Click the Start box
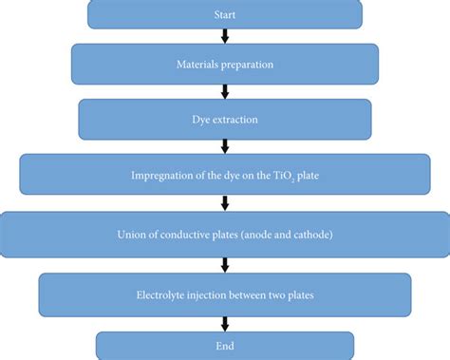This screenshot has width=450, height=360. coord(225,13)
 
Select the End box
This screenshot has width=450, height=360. coord(225,345)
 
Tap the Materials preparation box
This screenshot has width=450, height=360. coord(225,65)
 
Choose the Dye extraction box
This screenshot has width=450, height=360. coord(225,120)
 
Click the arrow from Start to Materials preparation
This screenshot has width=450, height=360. coord(225,36)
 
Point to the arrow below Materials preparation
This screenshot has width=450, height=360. coord(225,91)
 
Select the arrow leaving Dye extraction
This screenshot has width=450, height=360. coord(225,146)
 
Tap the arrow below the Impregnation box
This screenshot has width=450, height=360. coord(225,202)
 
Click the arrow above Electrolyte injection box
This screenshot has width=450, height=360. coord(225,265)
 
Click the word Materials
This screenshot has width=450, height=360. coord(197,65)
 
